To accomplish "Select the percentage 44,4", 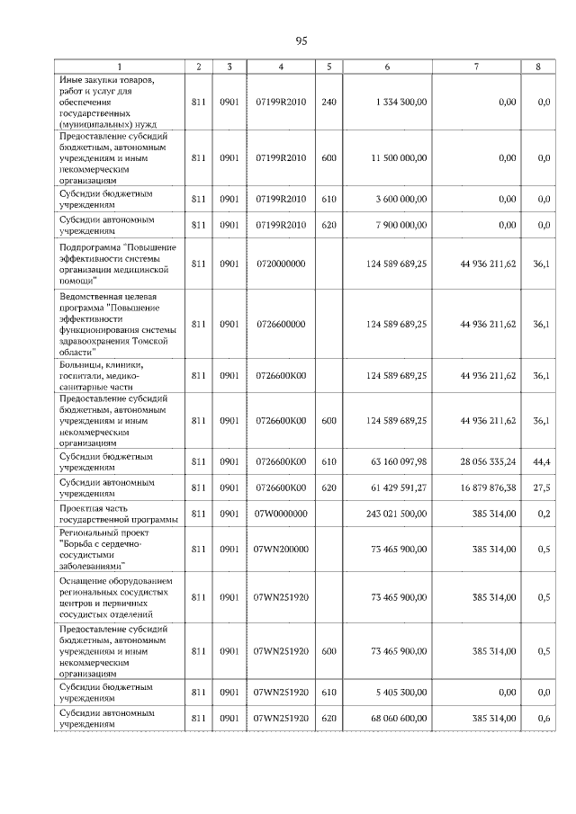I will (x=541, y=461).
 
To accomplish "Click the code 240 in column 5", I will (x=328, y=103).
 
